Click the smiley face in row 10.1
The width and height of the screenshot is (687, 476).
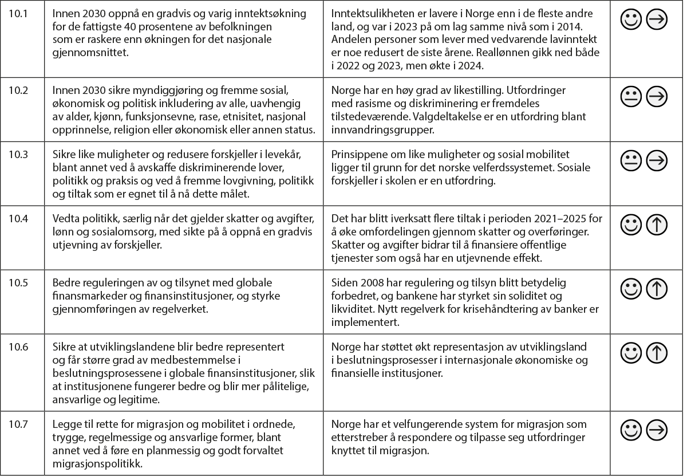[631, 20]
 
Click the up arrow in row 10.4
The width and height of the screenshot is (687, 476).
[657, 226]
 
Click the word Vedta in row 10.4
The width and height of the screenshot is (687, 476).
[65, 219]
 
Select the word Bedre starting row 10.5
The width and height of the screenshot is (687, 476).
[65, 283]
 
